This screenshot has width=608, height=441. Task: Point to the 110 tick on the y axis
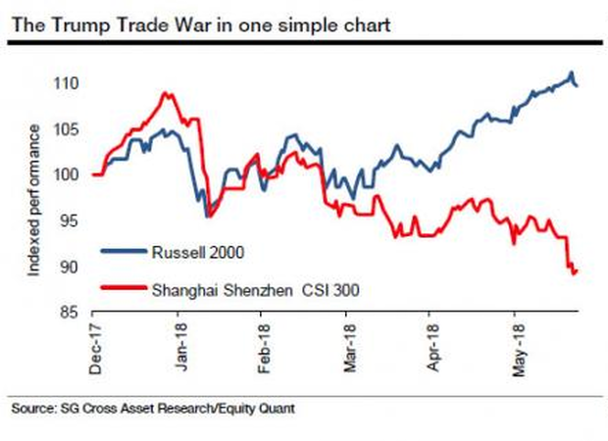pos(66,83)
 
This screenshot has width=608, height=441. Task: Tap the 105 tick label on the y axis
pos(66,129)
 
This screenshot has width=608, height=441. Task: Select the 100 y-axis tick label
pos(66,174)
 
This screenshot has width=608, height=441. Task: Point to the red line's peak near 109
pos(166,93)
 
